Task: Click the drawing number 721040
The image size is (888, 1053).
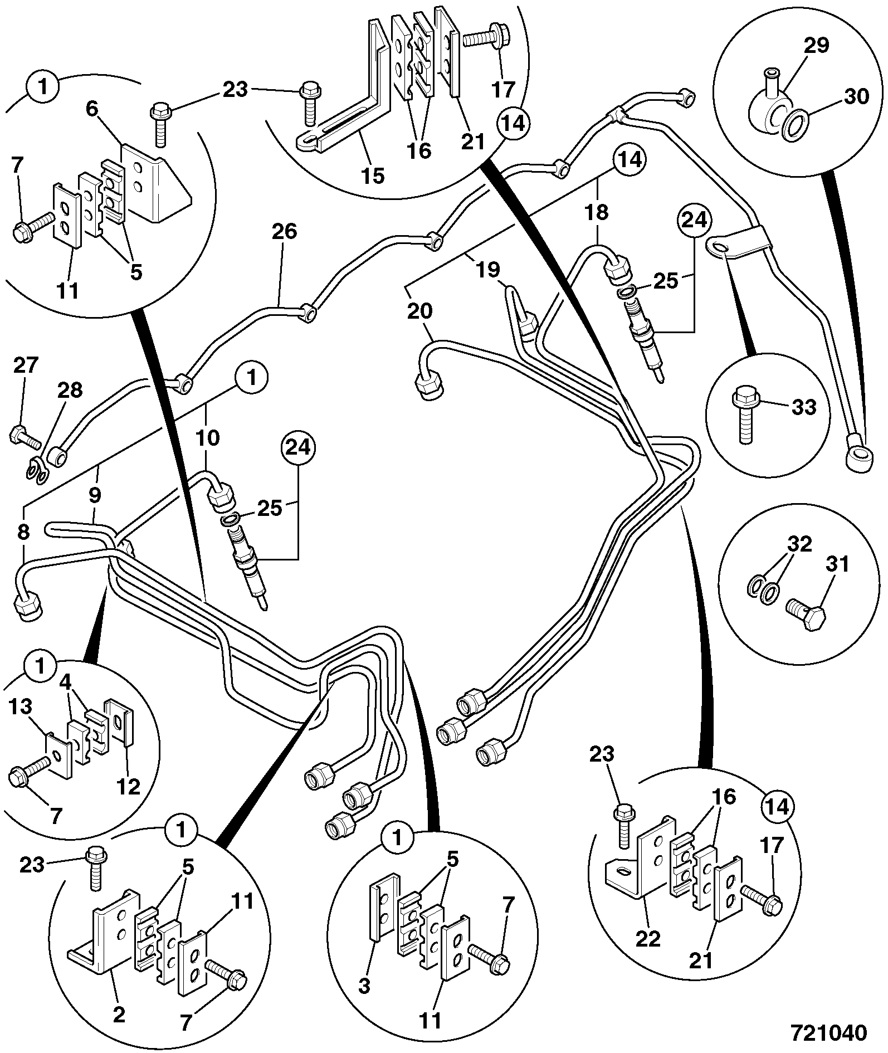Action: pos(830,1032)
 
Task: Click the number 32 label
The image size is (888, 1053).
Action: pos(799,544)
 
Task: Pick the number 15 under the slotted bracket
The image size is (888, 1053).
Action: pos(373,176)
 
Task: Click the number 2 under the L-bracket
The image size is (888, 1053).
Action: pos(119,1015)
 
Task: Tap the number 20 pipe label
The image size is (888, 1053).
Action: pos(419,312)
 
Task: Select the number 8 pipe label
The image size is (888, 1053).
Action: pos(23,533)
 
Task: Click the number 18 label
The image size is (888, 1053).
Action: pos(597,212)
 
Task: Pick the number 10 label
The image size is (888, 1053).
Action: pos(207,438)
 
